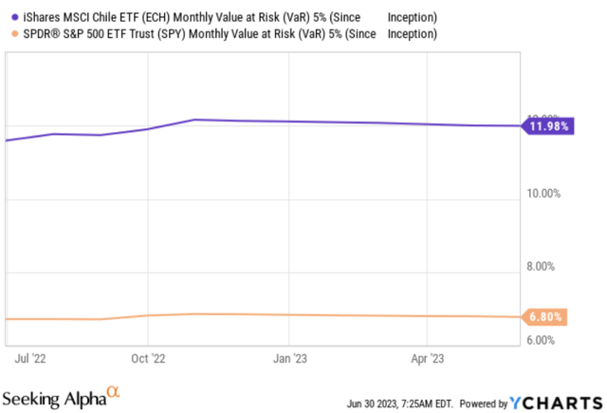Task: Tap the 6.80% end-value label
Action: tap(547, 317)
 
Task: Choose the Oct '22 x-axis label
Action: tap(149, 359)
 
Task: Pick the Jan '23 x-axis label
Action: tap(289, 359)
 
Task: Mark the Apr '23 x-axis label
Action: tap(427, 359)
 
